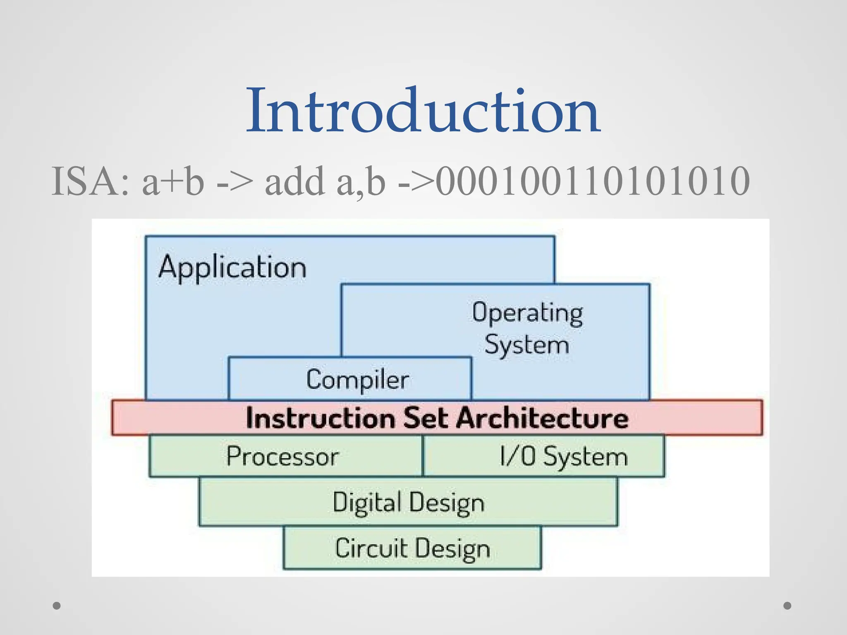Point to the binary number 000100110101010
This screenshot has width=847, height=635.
pos(592,181)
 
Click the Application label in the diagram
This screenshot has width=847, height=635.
pos(232,267)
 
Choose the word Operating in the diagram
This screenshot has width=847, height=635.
pos(528,313)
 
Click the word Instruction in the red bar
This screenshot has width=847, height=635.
pos(321,418)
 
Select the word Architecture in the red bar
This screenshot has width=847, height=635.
pos(542,418)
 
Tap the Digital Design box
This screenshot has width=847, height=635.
pos(408,502)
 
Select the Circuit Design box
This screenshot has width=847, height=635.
pos(412,548)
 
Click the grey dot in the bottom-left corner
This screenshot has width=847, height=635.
pos(57,606)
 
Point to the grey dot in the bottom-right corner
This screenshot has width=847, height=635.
pos(787,606)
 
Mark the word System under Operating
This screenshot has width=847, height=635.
pos(527,345)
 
